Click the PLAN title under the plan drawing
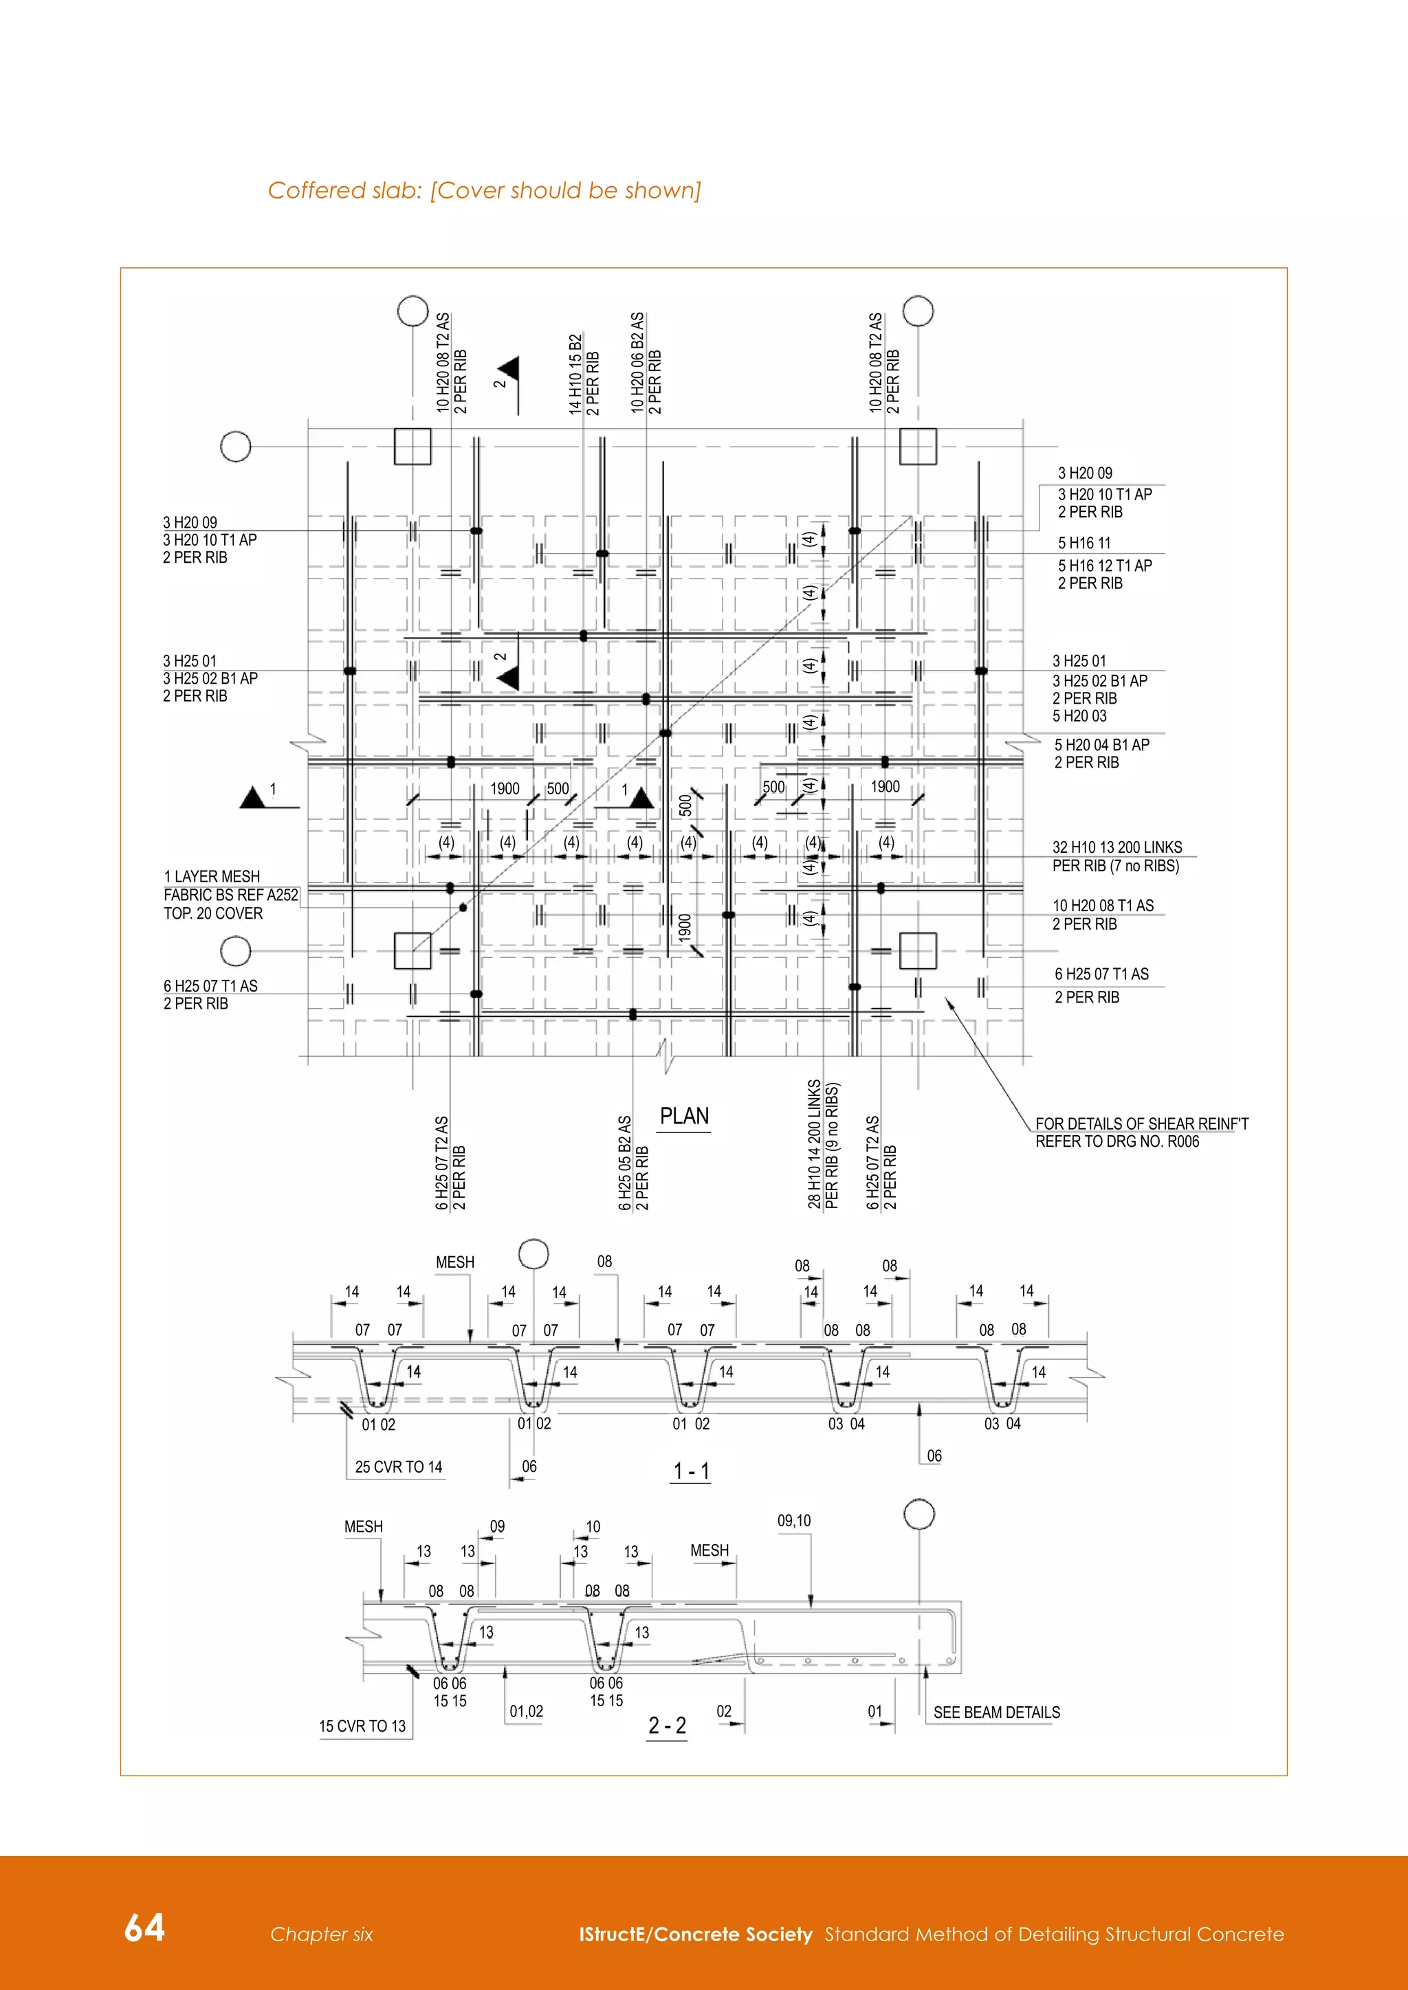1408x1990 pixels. click(684, 1117)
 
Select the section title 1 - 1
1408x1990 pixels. click(691, 1471)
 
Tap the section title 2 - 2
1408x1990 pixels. click(667, 1725)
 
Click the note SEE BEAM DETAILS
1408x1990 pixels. click(996, 1712)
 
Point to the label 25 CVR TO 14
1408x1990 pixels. click(398, 1467)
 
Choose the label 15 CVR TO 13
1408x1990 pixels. click(362, 1727)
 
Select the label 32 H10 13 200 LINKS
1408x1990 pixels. click(1116, 848)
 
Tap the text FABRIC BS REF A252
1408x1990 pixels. click(230, 895)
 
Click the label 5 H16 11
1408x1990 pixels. click(1083, 544)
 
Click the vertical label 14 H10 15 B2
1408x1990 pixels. click(575, 374)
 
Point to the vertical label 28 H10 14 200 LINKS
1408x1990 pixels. click(814, 1144)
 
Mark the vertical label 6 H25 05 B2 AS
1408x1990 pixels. click(624, 1163)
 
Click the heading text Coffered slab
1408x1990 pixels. click(344, 190)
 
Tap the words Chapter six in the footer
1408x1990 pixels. click(321, 1934)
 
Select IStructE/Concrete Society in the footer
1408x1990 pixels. click(695, 1934)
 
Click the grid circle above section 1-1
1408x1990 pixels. click(533, 1254)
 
